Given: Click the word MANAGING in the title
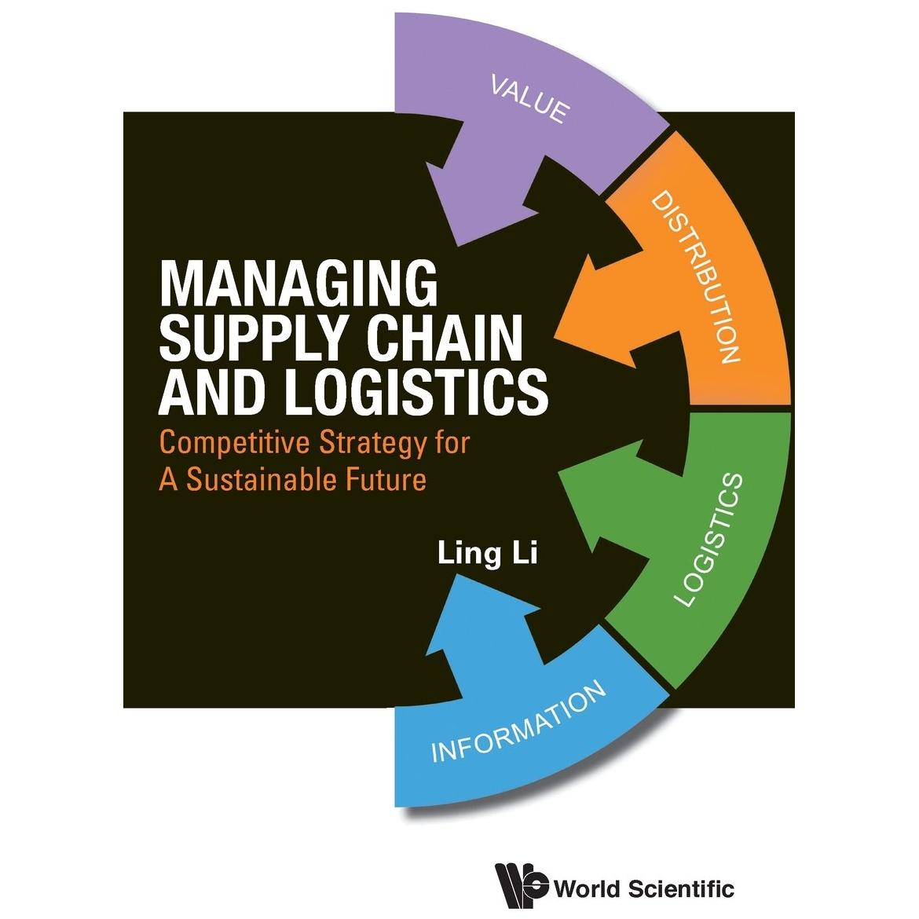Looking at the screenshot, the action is tap(299, 284).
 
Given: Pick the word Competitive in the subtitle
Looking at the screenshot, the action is tap(234, 444).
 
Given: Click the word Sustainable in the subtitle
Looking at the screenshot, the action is tap(261, 479).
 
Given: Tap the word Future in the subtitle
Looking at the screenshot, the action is tap(385, 479).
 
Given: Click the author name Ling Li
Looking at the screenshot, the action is tap(488, 554).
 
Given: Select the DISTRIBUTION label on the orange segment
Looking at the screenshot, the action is tap(696, 276).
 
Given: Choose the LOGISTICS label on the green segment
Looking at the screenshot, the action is tap(709, 539).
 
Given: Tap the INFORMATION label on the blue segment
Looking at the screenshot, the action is tap(518, 721).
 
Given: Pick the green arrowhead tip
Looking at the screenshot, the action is tap(558, 470).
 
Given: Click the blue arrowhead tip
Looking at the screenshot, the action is tap(458, 574).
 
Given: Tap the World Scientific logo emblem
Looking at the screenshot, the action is tap(521, 886).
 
